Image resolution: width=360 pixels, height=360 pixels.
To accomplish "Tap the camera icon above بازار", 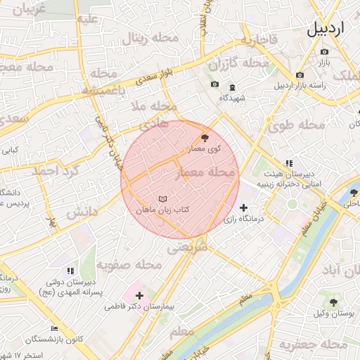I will [x=324, y=52].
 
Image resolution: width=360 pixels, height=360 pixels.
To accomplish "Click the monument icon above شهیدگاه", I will [x=233, y=85].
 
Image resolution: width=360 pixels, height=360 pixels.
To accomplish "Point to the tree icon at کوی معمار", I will [x=205, y=137].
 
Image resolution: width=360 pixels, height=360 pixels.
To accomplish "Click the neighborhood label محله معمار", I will [x=210, y=172].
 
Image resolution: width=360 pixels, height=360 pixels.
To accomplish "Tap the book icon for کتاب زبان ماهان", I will [x=163, y=199].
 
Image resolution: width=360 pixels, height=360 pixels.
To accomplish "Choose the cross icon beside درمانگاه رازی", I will [x=243, y=207].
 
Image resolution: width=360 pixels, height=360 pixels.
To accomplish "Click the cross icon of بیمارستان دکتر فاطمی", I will [x=139, y=295].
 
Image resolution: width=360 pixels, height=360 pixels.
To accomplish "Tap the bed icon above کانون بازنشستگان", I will [x=55, y=328].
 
